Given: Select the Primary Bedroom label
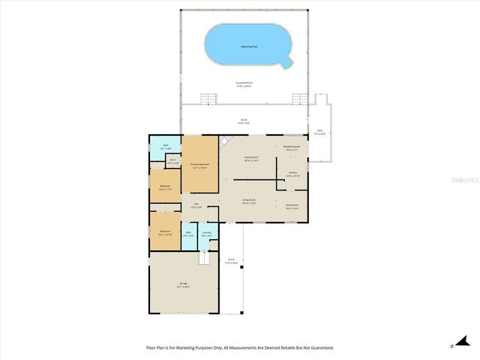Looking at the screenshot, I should click(x=199, y=164).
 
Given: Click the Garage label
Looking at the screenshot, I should click(x=183, y=285).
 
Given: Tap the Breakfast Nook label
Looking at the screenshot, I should click(x=292, y=148).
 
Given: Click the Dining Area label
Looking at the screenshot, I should click(x=292, y=207).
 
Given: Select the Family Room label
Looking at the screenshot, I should click(x=251, y=158).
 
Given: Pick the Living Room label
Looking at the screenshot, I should click(x=250, y=200).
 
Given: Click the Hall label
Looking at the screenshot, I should click(x=196, y=205).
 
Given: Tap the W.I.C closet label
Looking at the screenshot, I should click(x=172, y=160).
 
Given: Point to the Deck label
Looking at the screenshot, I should click(x=319, y=131).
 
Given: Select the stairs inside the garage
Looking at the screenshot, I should click(x=202, y=257).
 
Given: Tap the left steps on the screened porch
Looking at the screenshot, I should click(x=208, y=99).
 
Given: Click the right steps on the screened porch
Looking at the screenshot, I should click(x=300, y=99).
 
